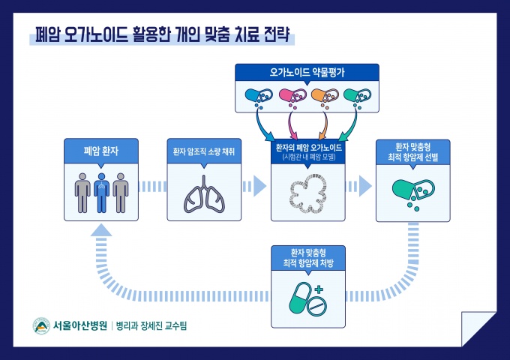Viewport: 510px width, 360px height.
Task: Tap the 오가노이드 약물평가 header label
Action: pos(307,73)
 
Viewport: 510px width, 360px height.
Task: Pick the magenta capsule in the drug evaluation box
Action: pos(291,95)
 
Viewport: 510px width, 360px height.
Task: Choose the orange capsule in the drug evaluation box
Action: pos(323,95)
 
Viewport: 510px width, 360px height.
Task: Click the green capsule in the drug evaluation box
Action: pos(356,95)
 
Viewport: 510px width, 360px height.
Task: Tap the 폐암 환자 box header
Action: pos(101,150)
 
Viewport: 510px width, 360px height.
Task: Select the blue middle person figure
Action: pos(101,191)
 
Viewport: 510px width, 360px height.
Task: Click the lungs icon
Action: pos(203,194)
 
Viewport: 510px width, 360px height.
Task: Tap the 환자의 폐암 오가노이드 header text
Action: pos(307,147)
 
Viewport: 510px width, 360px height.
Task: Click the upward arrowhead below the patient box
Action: pos(101,232)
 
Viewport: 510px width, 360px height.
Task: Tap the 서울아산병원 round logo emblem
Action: pos(41,327)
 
